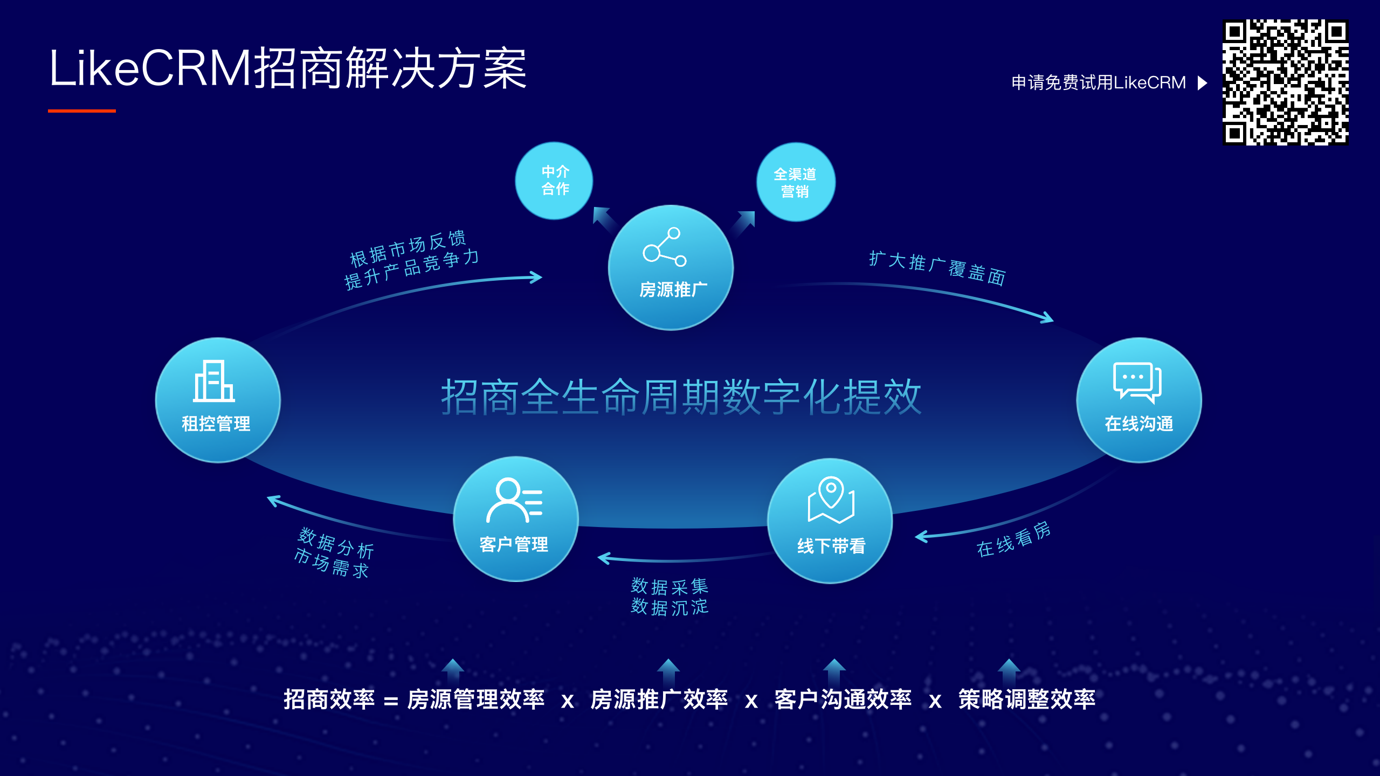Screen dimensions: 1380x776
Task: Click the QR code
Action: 1285,82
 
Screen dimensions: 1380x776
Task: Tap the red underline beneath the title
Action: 82,111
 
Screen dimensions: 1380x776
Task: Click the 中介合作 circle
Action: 554,181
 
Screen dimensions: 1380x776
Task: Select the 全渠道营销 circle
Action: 796,182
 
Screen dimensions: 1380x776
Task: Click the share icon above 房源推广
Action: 665,247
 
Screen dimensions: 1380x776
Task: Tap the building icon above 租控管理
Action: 214,381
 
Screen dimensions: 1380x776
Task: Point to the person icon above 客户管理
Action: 514,500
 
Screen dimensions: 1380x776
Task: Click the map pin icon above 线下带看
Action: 831,500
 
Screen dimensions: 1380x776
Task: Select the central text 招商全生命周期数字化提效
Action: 681,397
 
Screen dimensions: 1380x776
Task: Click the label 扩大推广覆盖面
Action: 937,268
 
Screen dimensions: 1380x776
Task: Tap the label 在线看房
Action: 1013,539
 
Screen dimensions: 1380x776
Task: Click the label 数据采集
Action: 670,586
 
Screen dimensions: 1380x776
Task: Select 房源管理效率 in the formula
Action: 476,699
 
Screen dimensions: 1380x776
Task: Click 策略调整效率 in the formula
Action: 1027,699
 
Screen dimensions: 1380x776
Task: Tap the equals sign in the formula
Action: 391,701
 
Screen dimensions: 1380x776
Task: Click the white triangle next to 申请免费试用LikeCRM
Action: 1202,83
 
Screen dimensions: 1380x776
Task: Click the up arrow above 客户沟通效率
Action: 834,670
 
